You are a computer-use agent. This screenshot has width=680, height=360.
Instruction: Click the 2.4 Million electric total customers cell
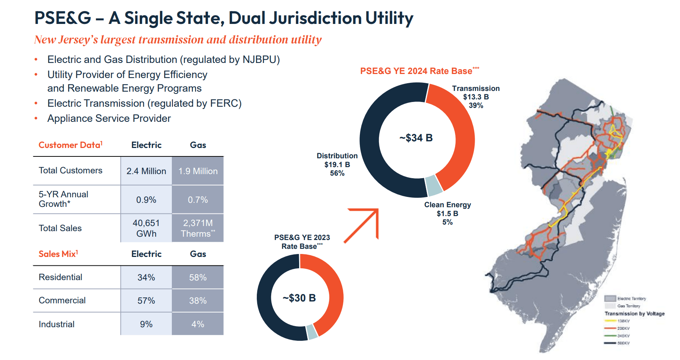coord(146,171)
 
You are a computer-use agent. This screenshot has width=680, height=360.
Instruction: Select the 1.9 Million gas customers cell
coord(198,171)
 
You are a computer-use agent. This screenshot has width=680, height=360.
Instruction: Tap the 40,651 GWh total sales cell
coord(146,228)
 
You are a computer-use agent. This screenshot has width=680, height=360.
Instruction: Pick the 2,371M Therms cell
coord(198,228)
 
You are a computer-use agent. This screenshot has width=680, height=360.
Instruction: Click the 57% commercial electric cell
coord(146,301)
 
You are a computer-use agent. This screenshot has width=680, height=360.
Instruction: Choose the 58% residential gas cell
coord(198,278)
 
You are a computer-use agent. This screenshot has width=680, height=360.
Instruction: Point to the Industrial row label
coord(57,324)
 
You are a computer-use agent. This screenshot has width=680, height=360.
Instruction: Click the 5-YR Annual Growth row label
coord(63,199)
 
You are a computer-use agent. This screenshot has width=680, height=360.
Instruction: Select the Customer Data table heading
coord(70,145)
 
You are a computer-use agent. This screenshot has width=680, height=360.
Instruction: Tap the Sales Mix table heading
coord(58,254)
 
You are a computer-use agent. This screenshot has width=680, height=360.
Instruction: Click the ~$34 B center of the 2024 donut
coord(416,138)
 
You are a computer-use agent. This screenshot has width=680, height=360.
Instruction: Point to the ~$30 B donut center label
coord(299,298)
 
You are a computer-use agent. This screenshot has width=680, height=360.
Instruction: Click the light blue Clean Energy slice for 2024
coord(434,186)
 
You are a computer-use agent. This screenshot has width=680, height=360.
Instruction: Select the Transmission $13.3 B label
coord(476,97)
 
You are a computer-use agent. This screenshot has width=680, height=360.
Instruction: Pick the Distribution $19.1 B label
coord(337,165)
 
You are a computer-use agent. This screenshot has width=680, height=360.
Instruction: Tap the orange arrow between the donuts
coord(362,225)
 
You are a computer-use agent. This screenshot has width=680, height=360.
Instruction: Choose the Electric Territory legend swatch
coord(610,298)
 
